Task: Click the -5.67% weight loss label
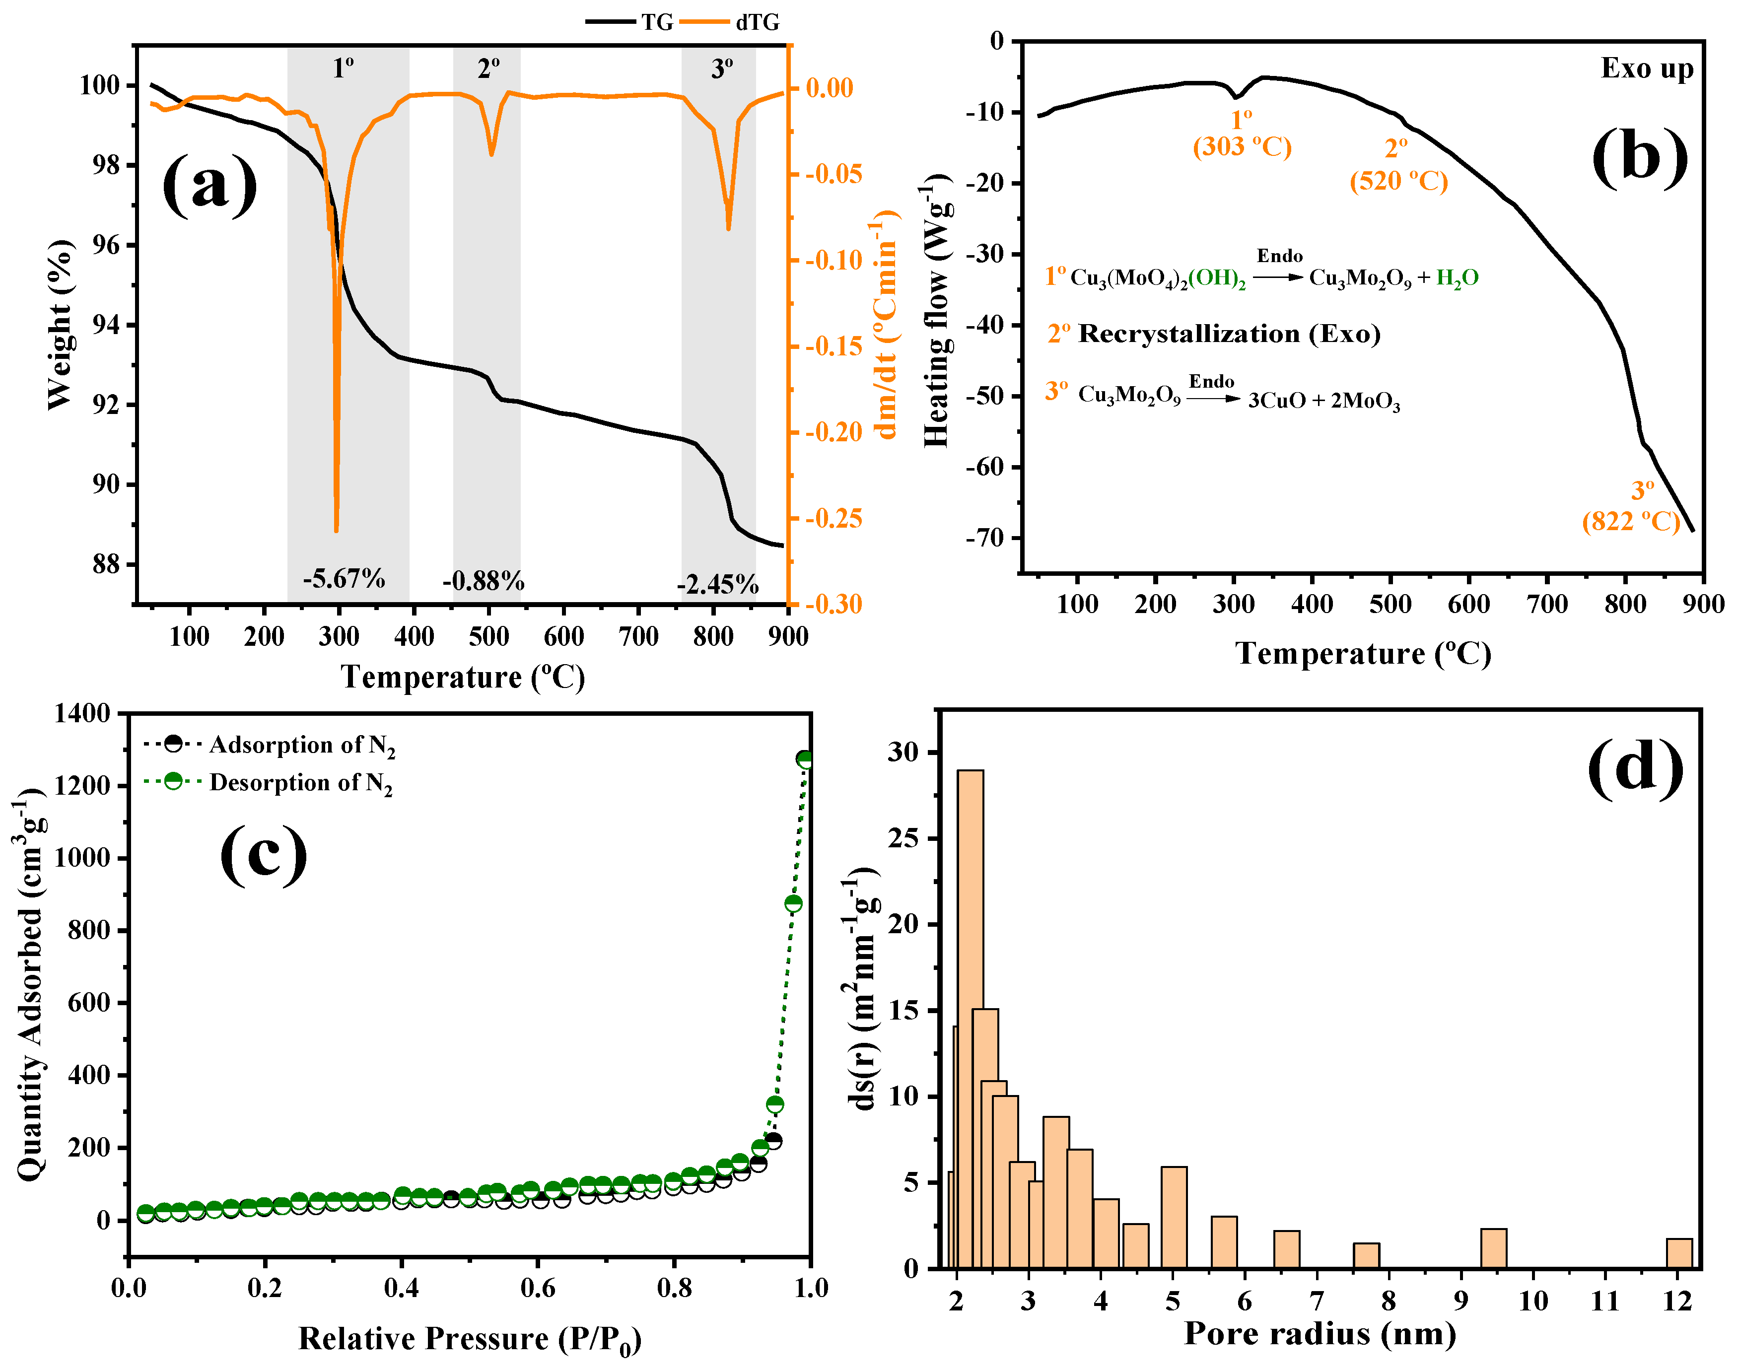(x=344, y=578)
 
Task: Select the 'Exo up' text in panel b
(x=1647, y=69)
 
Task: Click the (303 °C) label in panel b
(x=1242, y=147)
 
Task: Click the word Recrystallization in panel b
(x=1188, y=334)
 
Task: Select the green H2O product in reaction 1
(x=1457, y=278)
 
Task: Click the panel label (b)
(x=1638, y=157)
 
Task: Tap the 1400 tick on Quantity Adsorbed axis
(x=83, y=713)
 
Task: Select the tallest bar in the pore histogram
(x=970, y=1020)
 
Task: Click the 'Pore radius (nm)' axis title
(x=1320, y=1333)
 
